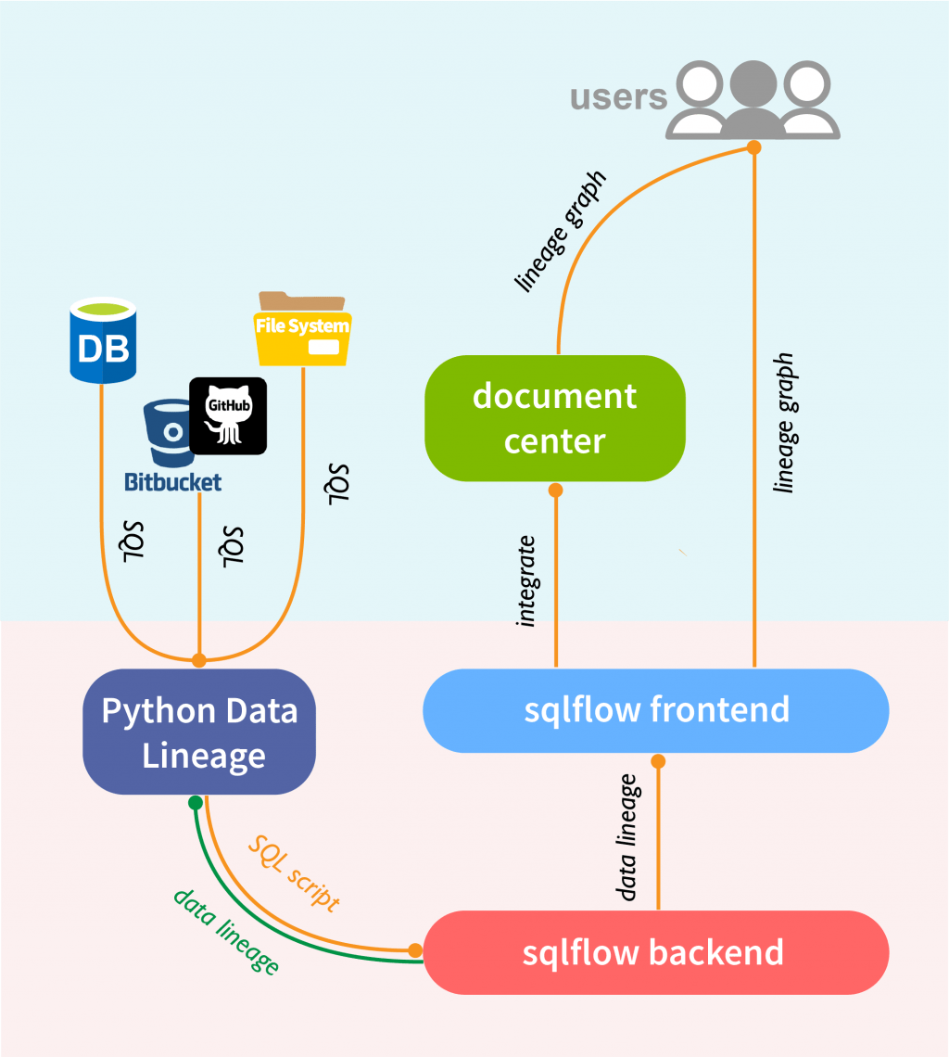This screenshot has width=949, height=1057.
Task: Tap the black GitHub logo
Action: tap(228, 416)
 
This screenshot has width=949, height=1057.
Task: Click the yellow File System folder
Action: tap(302, 330)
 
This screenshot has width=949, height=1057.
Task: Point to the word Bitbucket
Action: tap(173, 482)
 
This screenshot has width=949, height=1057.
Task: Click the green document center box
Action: tap(554, 418)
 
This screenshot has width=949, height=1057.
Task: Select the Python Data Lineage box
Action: tap(199, 732)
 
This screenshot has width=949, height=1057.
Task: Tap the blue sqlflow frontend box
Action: tap(656, 711)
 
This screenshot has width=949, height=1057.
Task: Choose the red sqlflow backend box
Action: tap(656, 953)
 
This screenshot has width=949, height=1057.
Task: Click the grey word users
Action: tap(618, 96)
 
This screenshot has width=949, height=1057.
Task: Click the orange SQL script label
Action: tap(295, 872)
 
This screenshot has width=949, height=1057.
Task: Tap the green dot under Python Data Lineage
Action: tap(195, 802)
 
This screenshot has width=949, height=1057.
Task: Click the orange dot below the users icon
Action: tap(754, 147)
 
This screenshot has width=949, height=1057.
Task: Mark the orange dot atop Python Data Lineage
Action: tap(198, 660)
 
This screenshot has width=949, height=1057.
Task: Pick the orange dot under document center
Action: tap(556, 489)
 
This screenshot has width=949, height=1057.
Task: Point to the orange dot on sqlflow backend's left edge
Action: tap(415, 950)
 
